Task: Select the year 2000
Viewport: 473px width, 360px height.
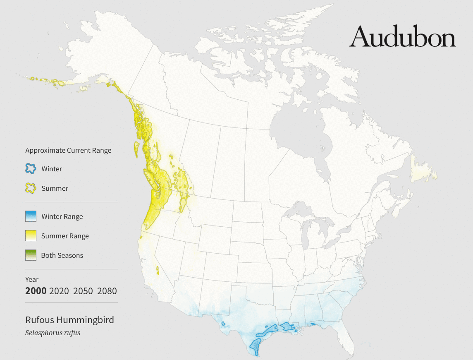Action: pyautogui.click(x=36, y=291)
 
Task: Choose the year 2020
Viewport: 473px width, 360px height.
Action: pyautogui.click(x=59, y=291)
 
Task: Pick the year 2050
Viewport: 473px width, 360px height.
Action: pyautogui.click(x=83, y=291)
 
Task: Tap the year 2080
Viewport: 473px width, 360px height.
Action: pyautogui.click(x=107, y=291)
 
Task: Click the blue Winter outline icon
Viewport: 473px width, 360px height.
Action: pyautogui.click(x=31, y=169)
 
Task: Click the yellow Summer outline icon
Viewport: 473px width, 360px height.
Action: pyautogui.click(x=31, y=188)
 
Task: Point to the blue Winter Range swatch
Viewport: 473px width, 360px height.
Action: pyautogui.click(x=31, y=216)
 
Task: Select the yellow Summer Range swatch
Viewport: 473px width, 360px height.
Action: pyautogui.click(x=31, y=236)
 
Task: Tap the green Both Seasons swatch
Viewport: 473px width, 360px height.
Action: pyautogui.click(x=31, y=255)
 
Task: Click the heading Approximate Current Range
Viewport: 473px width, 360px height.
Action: pyautogui.click(x=68, y=150)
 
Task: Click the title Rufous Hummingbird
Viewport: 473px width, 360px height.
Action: pyautogui.click(x=69, y=320)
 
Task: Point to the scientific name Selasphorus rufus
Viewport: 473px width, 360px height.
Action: pyautogui.click(x=53, y=333)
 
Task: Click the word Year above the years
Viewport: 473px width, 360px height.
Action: pyautogui.click(x=32, y=279)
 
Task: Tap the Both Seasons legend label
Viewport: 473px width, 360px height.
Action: pyautogui.click(x=62, y=255)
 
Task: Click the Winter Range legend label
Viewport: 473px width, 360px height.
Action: pyautogui.click(x=62, y=216)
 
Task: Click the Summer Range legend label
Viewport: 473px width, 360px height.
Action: pyautogui.click(x=65, y=236)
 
